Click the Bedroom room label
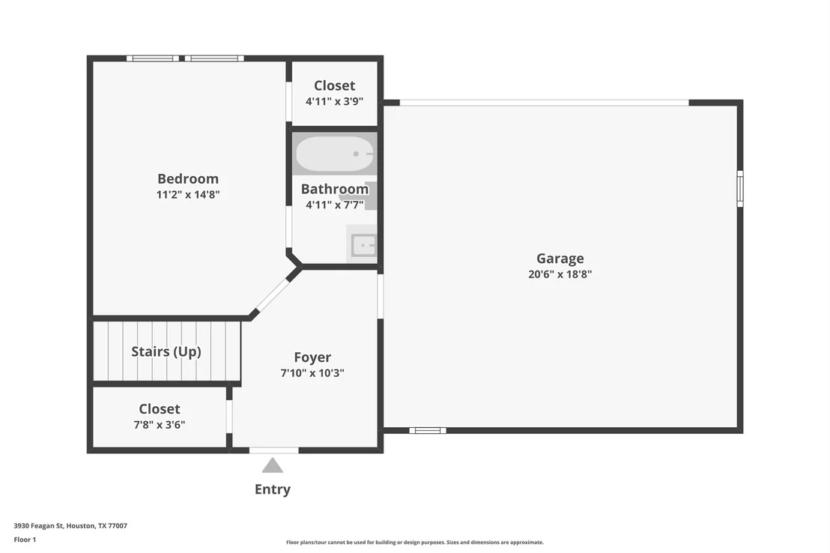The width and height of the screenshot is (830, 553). click(188, 178)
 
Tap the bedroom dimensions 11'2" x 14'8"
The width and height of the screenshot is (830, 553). click(188, 194)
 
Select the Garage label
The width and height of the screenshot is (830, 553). click(560, 259)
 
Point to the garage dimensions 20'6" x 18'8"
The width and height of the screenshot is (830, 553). click(560, 274)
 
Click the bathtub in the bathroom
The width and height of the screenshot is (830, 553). click(335, 154)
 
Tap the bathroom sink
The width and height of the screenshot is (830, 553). click(363, 245)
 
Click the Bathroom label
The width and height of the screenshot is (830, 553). click(335, 189)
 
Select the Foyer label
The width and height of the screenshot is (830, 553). click(312, 357)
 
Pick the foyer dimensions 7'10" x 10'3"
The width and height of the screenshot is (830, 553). click(312, 373)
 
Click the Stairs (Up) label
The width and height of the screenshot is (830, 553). click(166, 351)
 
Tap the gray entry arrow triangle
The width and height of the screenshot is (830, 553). click(273, 465)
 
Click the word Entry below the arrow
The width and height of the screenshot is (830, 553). click(273, 489)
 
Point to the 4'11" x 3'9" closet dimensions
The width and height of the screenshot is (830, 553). click(335, 101)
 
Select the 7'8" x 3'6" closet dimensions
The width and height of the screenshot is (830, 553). click(160, 424)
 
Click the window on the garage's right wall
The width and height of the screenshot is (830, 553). click(740, 189)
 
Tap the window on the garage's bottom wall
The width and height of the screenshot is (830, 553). click(428, 431)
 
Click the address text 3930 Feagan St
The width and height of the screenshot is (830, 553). click(39, 526)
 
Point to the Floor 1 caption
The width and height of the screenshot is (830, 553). click(25, 540)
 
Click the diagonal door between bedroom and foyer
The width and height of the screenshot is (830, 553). click(273, 295)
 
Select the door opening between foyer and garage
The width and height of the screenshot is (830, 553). click(380, 296)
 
